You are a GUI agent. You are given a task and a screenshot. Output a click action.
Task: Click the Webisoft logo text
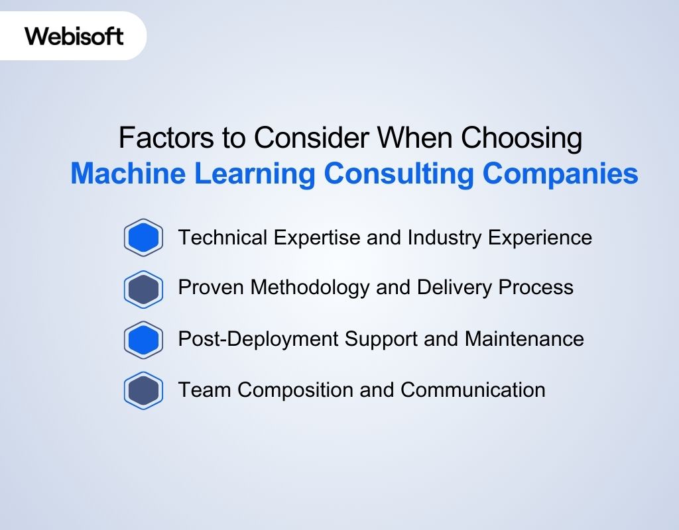(x=74, y=36)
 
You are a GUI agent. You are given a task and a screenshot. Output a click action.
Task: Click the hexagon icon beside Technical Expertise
(x=143, y=237)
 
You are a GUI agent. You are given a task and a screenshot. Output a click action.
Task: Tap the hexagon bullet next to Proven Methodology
(x=143, y=289)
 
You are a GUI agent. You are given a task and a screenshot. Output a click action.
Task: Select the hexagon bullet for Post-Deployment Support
(x=143, y=339)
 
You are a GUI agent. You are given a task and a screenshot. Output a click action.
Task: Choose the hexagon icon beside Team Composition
(x=143, y=390)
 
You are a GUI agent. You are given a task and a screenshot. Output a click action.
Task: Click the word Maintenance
(x=524, y=339)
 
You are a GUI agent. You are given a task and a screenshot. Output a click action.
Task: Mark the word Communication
(x=473, y=390)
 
